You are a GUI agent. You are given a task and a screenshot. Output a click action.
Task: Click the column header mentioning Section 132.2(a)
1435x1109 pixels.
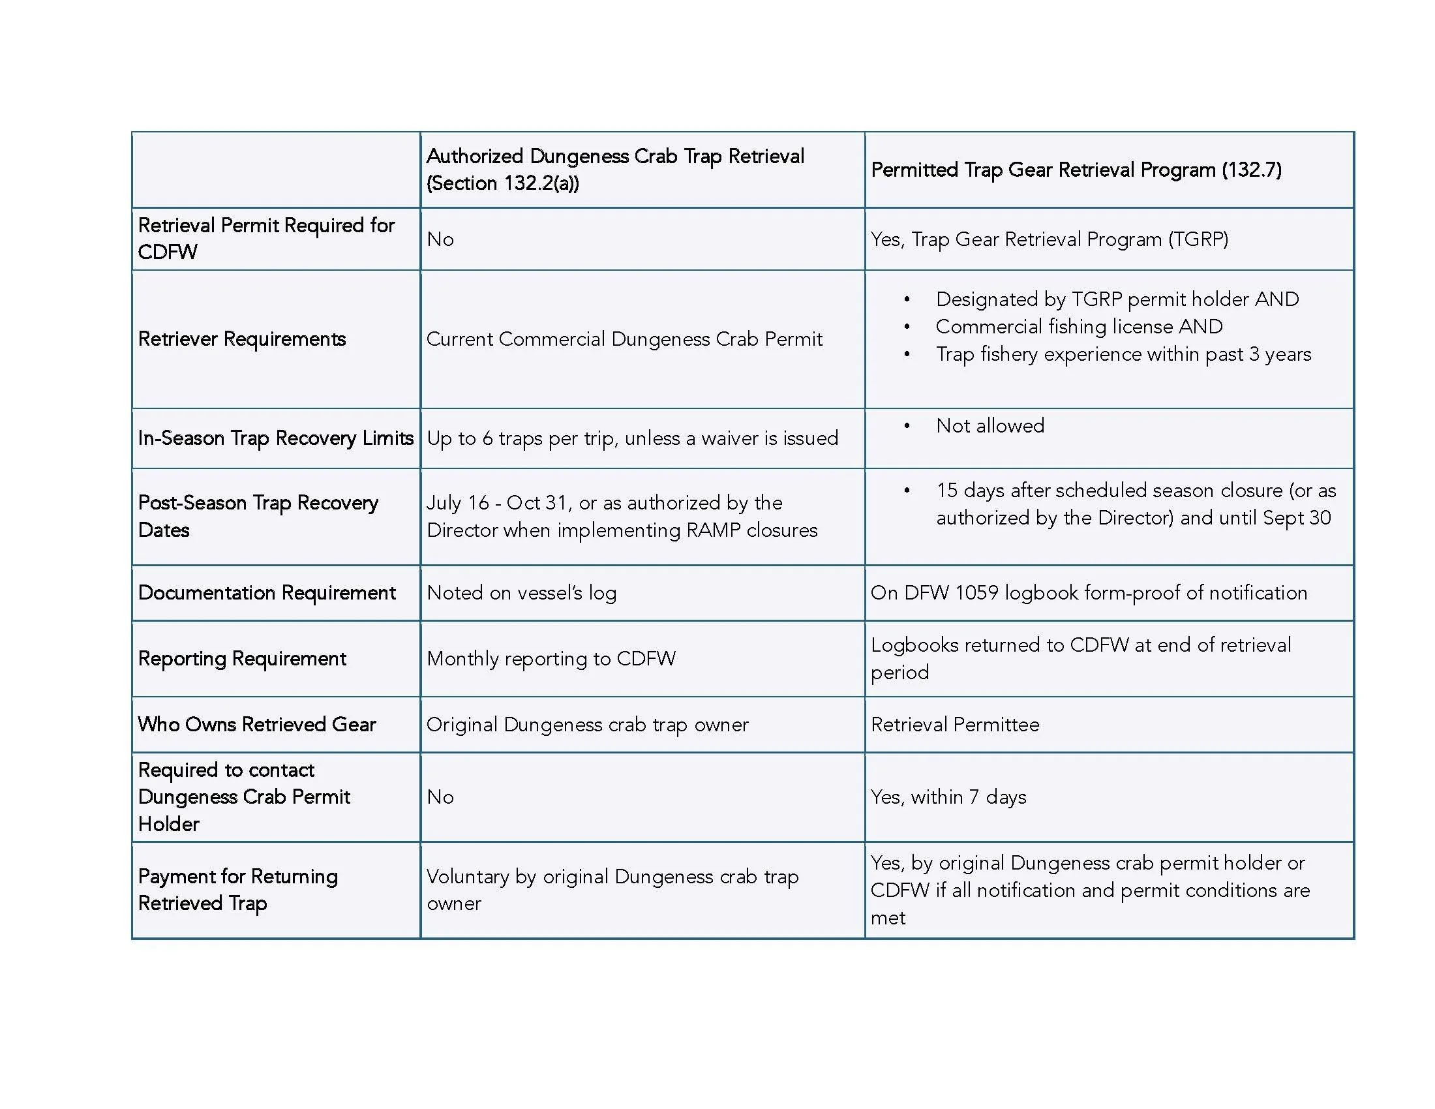615,170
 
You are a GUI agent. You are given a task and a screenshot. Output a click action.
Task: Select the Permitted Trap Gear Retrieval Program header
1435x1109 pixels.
1076,170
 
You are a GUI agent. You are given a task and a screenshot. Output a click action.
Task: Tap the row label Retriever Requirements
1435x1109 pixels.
242,339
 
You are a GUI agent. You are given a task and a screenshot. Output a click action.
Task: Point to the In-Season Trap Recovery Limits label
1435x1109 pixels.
275,438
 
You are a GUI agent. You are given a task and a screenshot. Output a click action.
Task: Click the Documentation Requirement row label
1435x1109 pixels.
267,592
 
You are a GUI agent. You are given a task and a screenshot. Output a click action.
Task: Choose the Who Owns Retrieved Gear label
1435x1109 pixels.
257,724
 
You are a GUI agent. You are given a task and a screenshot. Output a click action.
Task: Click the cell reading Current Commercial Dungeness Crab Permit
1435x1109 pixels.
624,339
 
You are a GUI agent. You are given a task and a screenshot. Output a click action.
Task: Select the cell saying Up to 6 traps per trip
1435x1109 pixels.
632,438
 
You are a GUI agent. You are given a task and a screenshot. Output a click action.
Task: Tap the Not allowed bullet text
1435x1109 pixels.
989,426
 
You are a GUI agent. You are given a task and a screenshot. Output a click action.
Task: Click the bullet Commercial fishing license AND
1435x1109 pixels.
1079,327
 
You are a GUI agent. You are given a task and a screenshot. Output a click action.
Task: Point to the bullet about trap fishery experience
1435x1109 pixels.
1123,354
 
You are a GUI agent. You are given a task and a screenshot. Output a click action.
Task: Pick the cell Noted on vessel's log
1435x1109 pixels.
522,592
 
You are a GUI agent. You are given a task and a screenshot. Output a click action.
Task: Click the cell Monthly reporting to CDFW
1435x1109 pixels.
551,658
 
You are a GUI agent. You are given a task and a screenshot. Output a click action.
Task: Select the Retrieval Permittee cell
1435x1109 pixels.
955,724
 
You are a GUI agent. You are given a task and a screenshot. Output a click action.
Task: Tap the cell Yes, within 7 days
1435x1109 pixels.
948,797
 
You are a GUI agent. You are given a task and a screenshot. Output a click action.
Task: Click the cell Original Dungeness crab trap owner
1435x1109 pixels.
588,724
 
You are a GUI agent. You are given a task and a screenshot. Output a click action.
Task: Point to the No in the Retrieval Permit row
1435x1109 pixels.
440,239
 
